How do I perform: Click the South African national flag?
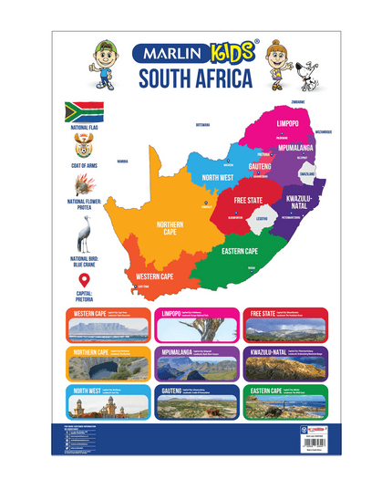82,112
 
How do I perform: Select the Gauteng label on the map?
260,167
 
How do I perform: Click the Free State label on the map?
249,200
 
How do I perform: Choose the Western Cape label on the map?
156,275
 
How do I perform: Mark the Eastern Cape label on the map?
240,250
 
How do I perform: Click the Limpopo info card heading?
176,313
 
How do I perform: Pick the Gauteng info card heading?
177,390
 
